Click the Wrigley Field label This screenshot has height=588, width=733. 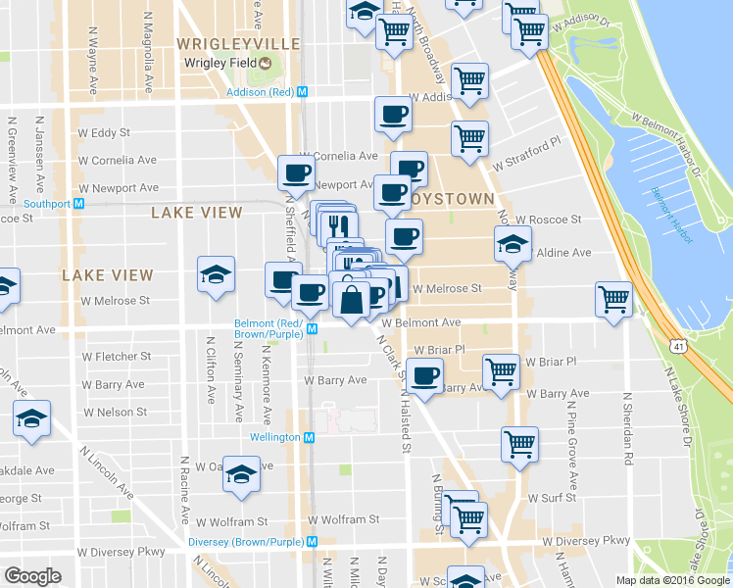[220, 64]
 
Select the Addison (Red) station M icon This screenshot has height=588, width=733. [303, 91]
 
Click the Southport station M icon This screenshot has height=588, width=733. [79, 204]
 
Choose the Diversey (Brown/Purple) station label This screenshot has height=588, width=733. [244, 541]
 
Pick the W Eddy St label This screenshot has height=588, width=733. [104, 132]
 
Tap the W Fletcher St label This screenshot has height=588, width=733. [117, 357]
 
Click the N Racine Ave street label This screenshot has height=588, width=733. [184, 487]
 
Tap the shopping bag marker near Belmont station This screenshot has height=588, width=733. [351, 300]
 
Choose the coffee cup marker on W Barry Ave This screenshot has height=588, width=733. [424, 378]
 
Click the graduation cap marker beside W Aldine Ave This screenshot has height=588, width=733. [512, 245]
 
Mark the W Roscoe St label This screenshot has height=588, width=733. [549, 220]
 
